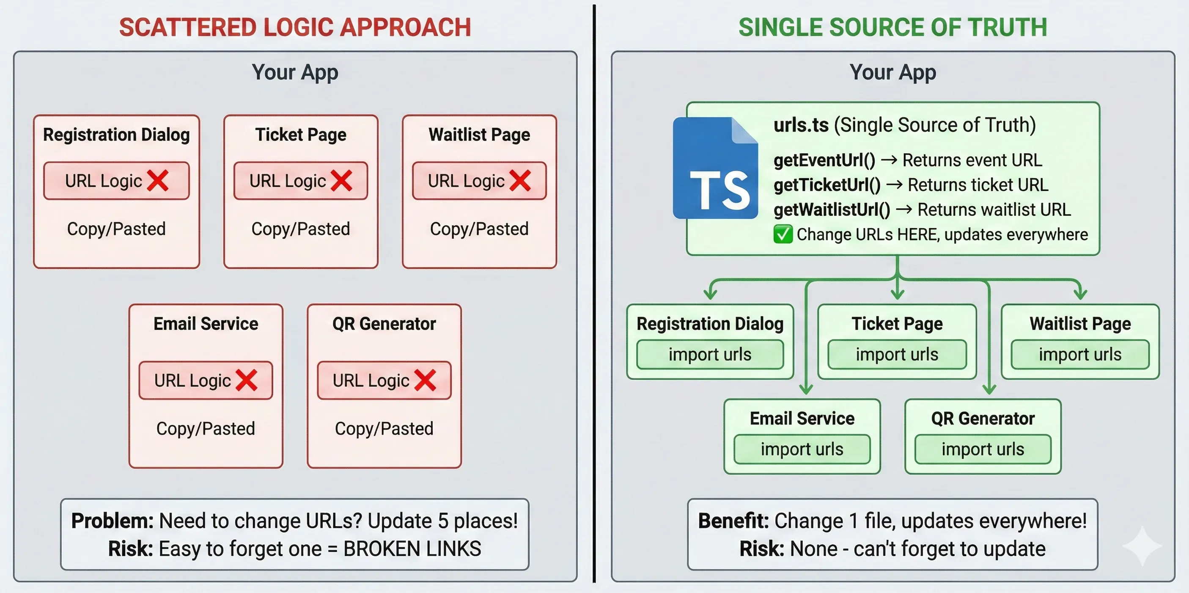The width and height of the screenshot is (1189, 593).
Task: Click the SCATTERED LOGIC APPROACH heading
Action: click(x=295, y=27)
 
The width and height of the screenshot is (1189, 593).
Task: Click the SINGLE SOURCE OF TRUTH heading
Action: click(x=892, y=27)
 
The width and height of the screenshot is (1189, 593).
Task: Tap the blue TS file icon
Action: click(x=715, y=168)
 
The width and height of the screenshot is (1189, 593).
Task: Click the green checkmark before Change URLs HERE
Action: click(x=783, y=234)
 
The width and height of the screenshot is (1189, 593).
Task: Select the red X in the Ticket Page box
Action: click(x=342, y=181)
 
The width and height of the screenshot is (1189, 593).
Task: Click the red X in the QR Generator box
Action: click(x=425, y=380)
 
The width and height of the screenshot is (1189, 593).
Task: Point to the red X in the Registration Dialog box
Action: click(x=158, y=181)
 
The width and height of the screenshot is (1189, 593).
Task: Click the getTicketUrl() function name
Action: click(x=827, y=185)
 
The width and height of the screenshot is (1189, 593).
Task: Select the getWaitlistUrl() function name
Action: click(x=832, y=210)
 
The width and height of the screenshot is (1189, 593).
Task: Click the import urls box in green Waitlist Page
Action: click(x=1079, y=354)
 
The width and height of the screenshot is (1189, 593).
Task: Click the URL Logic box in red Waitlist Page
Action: click(x=479, y=181)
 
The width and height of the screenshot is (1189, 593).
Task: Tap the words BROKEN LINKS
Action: click(x=412, y=549)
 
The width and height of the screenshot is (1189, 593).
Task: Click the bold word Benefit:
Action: click(x=733, y=521)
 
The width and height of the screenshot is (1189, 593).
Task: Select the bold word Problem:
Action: click(x=112, y=521)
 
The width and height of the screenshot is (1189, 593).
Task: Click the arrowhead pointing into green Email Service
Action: click(x=806, y=389)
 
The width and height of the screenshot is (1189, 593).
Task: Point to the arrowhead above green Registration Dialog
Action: click(x=710, y=294)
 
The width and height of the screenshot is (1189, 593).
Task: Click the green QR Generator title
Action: click(x=983, y=419)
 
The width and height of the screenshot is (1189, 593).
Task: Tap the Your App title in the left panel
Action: click(x=295, y=72)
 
